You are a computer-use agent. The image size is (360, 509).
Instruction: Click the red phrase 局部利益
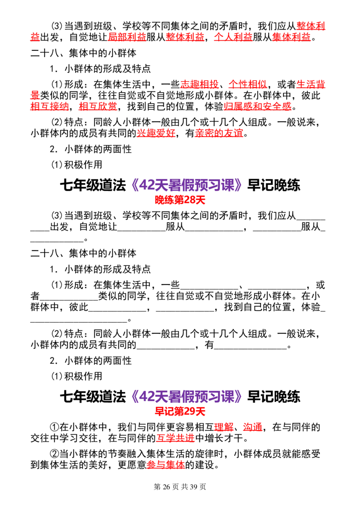[x=127, y=37]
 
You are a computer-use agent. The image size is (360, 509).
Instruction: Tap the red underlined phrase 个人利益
[x=233, y=37]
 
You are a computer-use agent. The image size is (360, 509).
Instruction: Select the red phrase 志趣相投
[x=199, y=85]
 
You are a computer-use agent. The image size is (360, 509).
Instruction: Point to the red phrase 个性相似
[x=247, y=85]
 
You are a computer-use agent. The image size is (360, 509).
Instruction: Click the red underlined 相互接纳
[x=49, y=106]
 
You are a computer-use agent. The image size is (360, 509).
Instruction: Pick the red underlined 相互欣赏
[x=98, y=106]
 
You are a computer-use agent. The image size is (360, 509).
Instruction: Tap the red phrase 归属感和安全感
[x=257, y=106]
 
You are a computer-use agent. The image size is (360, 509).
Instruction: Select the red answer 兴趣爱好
[x=156, y=133]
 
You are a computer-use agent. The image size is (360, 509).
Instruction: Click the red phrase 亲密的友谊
[x=219, y=133]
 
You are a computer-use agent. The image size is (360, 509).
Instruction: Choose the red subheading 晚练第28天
[x=180, y=200]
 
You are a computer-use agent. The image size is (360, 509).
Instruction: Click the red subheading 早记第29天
[x=180, y=411]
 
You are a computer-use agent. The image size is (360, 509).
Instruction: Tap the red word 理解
[x=224, y=427]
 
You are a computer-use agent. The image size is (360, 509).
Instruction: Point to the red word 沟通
[x=252, y=427]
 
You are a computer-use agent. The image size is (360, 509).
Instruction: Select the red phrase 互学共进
[x=175, y=438]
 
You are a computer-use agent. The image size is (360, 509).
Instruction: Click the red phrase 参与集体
[x=166, y=464]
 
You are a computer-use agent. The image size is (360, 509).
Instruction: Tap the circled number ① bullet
[x=54, y=427]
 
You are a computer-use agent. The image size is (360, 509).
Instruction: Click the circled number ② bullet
[x=54, y=454]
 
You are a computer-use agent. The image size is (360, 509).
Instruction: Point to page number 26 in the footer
[x=166, y=487]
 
